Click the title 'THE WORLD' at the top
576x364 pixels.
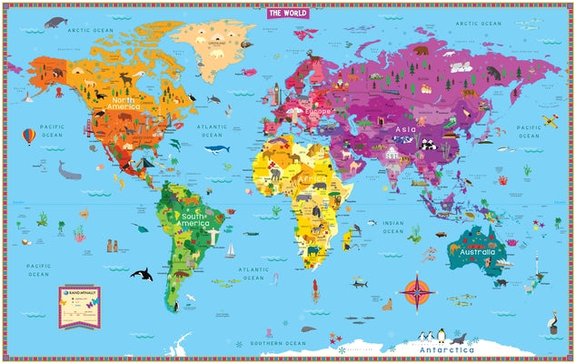coord(288,14)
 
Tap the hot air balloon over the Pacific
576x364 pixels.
coord(29,136)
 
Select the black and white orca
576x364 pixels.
coord(141,272)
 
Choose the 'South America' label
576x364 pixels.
coord(193,219)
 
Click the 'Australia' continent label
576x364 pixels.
coord(478,251)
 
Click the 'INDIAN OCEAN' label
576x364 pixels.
coord(392,225)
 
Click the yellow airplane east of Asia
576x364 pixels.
coord(551,120)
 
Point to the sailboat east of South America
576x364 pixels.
coord(231,249)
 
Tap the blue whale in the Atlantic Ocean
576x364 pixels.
coord(216,148)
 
